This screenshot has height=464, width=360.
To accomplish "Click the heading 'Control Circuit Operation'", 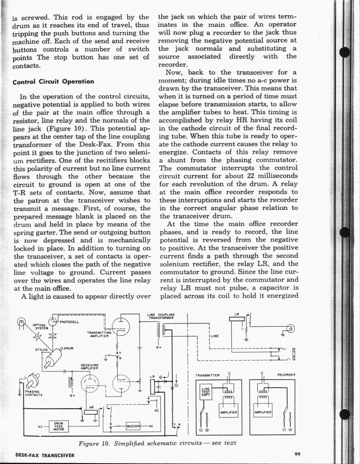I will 53,82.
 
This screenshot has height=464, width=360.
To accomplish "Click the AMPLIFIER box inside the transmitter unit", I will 229,412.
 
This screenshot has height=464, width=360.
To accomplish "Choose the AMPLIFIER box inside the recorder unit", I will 263,412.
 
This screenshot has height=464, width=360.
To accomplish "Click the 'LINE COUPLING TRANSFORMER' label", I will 161,316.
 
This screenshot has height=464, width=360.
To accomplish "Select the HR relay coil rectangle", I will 91,412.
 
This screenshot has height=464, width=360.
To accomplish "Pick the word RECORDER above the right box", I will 286,375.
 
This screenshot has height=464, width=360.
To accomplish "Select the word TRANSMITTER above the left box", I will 207,376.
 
